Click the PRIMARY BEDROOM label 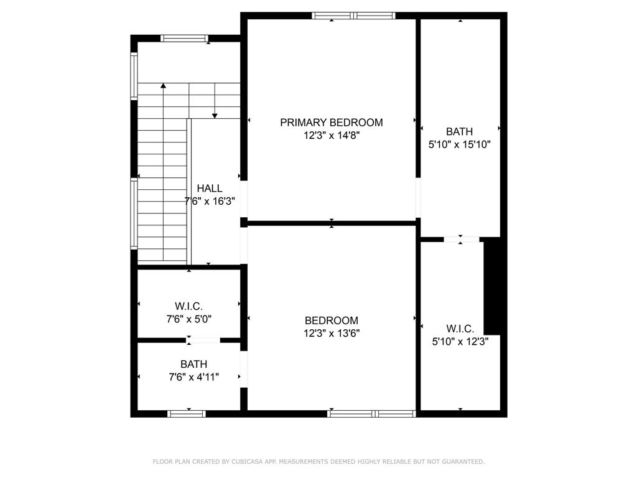[x=331, y=123]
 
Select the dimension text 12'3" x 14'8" [x=331, y=135]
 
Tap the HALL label [x=210, y=189]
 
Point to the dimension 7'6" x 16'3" [x=210, y=201]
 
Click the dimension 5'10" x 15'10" [x=460, y=144]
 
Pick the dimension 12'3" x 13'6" [x=332, y=333]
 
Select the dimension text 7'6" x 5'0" [x=188, y=319]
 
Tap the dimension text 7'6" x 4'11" [x=193, y=377]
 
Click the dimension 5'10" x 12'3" [x=460, y=341]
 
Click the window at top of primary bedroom [x=353, y=16]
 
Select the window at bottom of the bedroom [x=371, y=413]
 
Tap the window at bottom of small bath [x=187, y=413]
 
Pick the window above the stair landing [x=184, y=38]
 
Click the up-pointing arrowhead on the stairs [x=163, y=86]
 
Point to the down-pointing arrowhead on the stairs [x=215, y=115]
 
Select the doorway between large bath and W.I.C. [x=461, y=239]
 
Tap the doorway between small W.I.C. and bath [x=205, y=340]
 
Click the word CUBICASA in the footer [x=239, y=462]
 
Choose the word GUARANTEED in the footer [x=461, y=462]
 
